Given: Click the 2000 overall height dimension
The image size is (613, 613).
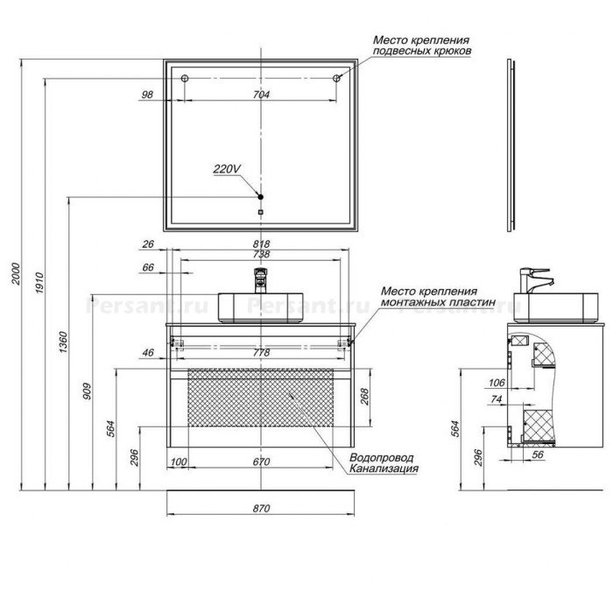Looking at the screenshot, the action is click(16, 274).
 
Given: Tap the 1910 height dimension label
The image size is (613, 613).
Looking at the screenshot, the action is click(39, 283).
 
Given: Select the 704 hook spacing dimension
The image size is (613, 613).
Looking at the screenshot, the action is click(261, 95).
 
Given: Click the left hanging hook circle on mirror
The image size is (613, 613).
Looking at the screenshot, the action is click(185, 78).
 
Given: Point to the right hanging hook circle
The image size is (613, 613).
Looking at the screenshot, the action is click(336, 78).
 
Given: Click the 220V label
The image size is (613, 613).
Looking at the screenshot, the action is click(227, 169).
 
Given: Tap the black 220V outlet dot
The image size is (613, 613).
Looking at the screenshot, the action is click(261, 197).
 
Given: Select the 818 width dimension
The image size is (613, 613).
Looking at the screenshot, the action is click(261, 243).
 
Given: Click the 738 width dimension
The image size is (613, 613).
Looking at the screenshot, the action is click(261, 254).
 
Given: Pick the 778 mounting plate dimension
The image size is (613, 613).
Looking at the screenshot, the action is click(261, 353).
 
